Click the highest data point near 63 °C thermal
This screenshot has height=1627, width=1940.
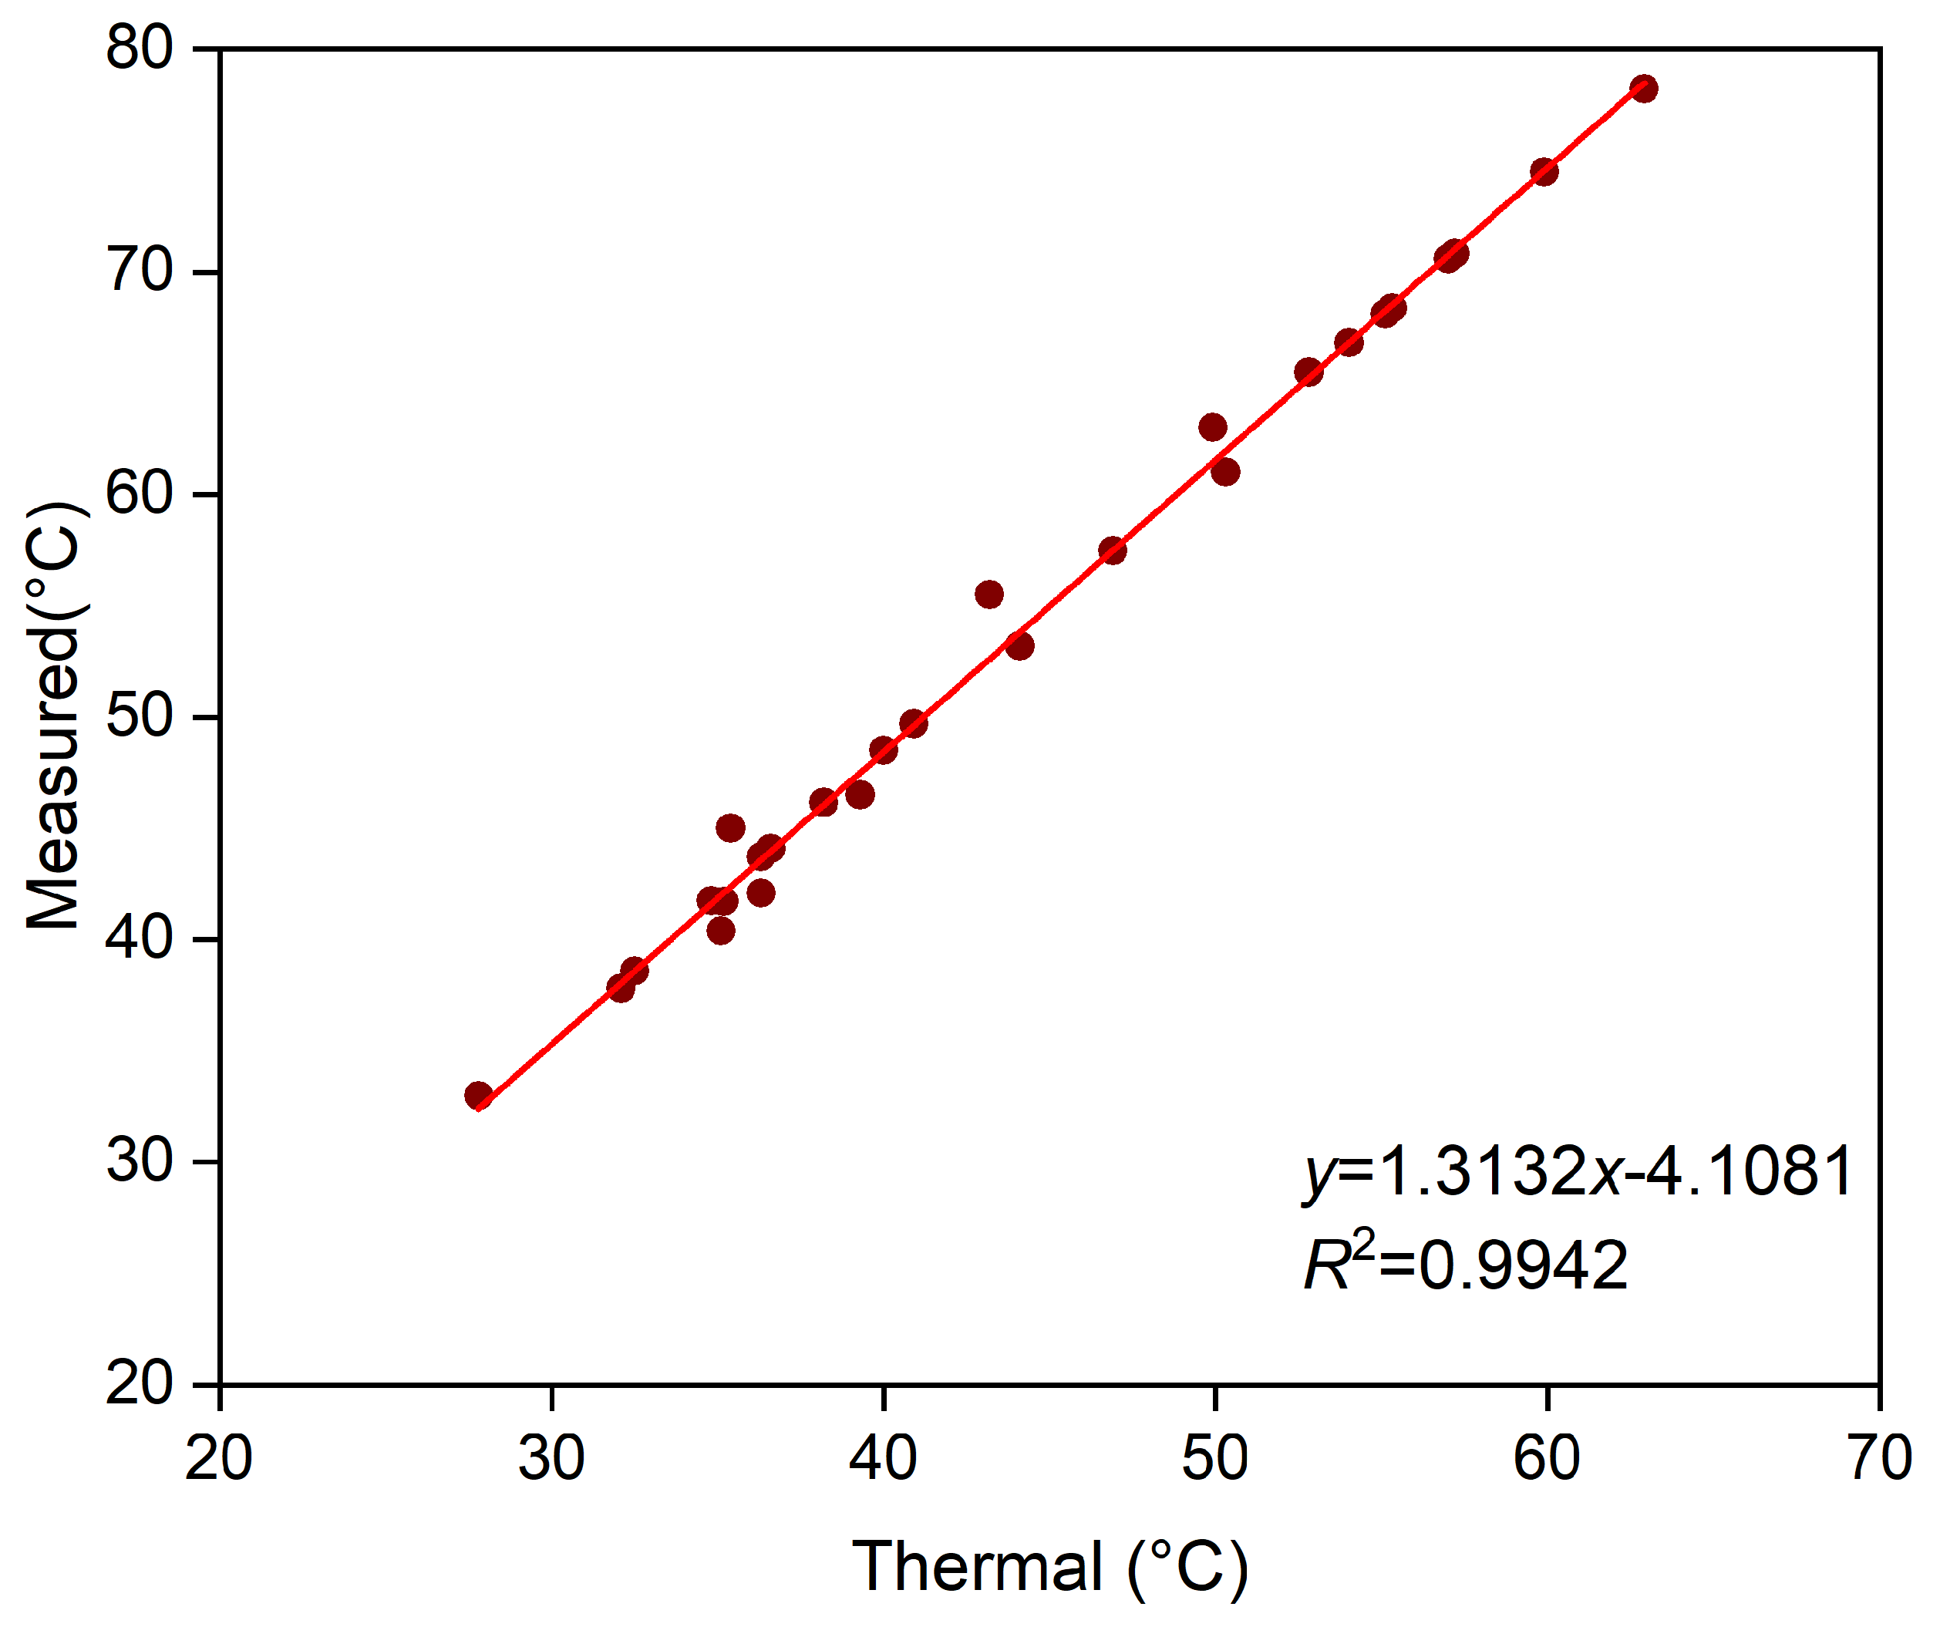coord(1643,89)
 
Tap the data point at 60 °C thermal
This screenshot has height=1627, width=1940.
coord(1544,171)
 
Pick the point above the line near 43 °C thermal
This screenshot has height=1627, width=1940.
coord(989,594)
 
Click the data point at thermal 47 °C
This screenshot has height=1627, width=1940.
coord(1113,551)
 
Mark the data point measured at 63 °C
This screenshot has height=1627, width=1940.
coord(1213,427)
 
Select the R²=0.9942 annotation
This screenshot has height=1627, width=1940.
coord(1465,1264)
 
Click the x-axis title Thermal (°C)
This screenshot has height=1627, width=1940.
coord(1049,1566)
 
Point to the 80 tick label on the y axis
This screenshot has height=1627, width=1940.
coord(140,48)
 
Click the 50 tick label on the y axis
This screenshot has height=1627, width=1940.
coord(140,717)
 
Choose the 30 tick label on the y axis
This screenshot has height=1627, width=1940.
coord(140,1160)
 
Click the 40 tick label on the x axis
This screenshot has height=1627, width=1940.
coord(883,1459)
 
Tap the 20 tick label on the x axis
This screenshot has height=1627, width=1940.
coord(219,1459)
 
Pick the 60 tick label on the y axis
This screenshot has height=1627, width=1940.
coord(140,493)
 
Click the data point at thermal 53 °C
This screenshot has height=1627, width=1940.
coord(1308,372)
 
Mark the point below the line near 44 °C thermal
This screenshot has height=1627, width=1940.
coord(1020,646)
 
